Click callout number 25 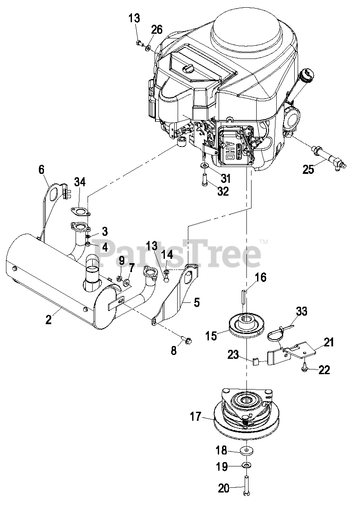[x=308, y=169]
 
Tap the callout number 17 [x=196, y=416]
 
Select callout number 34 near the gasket [x=80, y=182]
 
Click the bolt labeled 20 [x=247, y=487]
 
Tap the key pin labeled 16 [x=243, y=296]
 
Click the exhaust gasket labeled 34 [x=80, y=211]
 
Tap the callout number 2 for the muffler [x=48, y=319]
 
